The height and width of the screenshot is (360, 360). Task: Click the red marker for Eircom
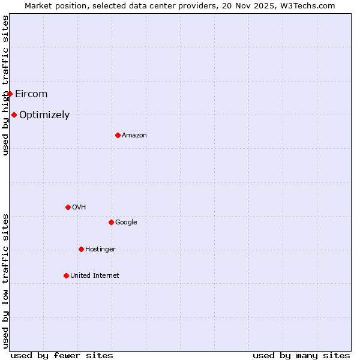pos(10,94)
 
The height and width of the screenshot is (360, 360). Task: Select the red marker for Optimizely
pos(14,115)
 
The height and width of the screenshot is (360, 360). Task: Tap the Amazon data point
pos(118,135)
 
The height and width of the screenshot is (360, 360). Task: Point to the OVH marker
pos(68,207)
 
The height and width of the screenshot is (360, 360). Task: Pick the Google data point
pos(111,222)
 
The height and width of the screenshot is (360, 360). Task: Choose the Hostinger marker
pos(81,249)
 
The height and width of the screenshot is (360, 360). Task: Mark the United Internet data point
pos(66,275)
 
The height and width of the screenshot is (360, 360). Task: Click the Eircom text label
pos(31,94)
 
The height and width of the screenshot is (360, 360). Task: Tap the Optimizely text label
pos(44,115)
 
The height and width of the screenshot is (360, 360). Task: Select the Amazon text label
pos(134,135)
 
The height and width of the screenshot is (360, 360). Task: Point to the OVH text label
pos(79,207)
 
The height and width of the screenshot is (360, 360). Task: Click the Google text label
pos(126,222)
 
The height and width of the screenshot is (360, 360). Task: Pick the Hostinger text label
pos(100,249)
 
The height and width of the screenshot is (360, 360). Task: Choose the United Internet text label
pos(95,275)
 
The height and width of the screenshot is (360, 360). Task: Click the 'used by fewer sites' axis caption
pos(62,355)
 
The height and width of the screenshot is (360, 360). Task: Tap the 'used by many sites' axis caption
pos(301,355)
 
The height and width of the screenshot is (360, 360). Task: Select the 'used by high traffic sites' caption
pos(5,85)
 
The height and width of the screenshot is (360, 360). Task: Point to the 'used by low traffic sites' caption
pos(5,281)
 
